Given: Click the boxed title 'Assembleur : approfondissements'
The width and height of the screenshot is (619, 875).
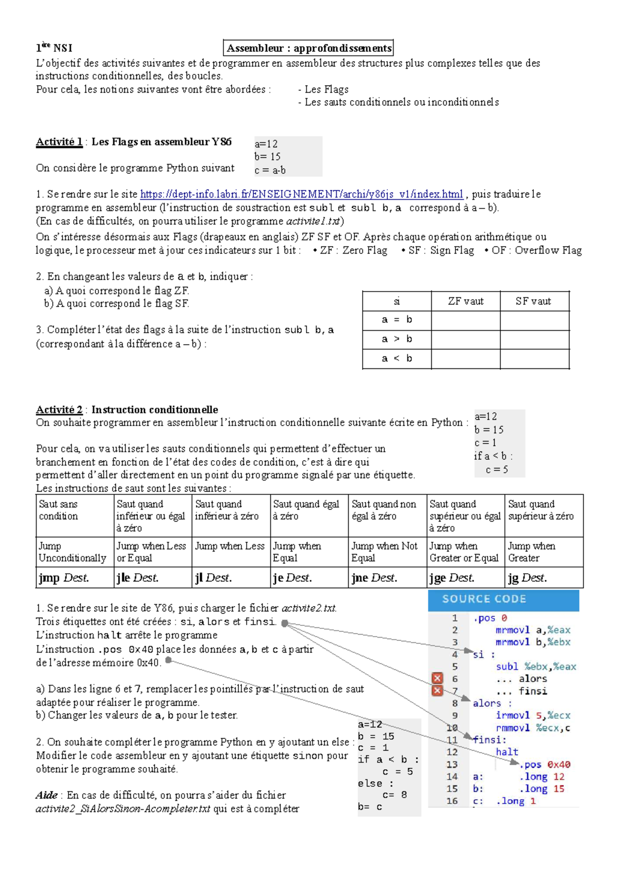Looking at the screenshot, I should pos(308,48).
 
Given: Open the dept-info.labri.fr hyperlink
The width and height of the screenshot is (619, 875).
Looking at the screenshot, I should pos(301,194).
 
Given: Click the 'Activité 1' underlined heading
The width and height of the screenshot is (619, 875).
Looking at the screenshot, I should pos(59,142).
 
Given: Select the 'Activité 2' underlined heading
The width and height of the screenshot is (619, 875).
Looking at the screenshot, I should pos(59,410).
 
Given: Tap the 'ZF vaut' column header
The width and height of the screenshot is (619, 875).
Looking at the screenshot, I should pos(465,301).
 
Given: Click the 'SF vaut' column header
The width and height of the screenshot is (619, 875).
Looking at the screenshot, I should pos(533,301).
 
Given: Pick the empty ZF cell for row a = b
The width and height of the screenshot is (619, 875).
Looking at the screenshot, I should pos(465,320).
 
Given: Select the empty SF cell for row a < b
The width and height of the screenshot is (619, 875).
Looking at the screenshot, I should pos(534,359).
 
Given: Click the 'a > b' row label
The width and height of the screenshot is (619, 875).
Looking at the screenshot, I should pos(397,339).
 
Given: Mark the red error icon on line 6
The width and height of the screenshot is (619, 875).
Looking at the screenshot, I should pos(437,678).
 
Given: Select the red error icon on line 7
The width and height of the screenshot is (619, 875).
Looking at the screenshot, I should pos(437,691).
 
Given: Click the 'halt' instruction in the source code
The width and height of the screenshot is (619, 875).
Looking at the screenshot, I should pos(507,752).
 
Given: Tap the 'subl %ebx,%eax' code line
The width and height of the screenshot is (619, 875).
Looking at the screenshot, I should pos(536,667).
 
